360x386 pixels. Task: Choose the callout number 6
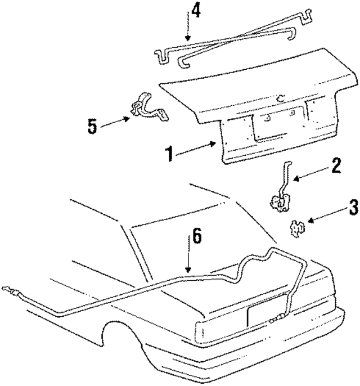[195, 237]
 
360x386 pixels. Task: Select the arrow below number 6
[188, 259]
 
